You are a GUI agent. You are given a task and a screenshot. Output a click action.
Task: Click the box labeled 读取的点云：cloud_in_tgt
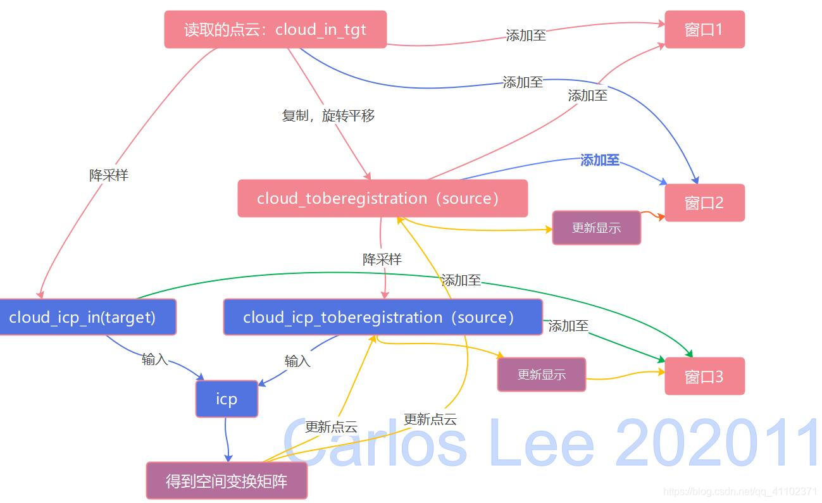(275, 29)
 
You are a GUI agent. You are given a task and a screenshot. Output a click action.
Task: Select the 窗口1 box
(704, 29)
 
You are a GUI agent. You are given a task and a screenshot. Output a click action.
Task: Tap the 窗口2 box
(704, 202)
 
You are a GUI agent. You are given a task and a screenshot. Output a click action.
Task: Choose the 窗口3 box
(704, 376)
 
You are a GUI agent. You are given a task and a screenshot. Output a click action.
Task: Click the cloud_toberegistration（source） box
(382, 198)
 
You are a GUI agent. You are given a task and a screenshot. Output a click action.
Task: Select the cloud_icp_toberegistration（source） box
(382, 317)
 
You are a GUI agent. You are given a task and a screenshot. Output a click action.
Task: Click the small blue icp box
(227, 399)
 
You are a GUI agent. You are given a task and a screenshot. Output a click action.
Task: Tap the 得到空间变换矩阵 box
(227, 481)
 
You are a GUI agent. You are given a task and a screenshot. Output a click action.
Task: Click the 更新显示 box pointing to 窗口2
(596, 228)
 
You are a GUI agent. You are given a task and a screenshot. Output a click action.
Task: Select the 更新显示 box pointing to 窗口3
(542, 375)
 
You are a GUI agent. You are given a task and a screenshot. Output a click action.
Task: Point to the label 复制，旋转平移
(328, 116)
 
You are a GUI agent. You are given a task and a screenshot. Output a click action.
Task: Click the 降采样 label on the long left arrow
(109, 175)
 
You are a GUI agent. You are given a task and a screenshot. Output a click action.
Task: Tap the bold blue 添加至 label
(599, 161)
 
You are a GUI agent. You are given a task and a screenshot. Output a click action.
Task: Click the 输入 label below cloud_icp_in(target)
(155, 359)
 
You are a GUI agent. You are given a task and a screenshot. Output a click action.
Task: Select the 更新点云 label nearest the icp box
(331, 427)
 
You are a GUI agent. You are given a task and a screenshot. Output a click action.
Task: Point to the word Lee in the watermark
(541, 442)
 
